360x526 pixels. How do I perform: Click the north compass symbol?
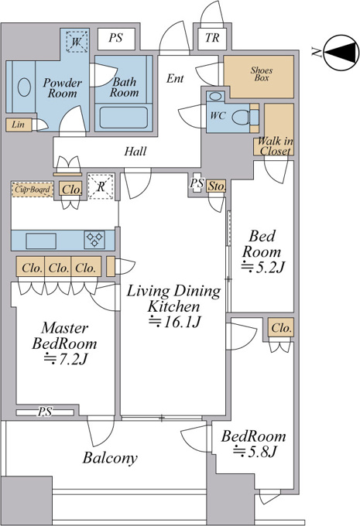click(341, 52)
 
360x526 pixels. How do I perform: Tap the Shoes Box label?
click(261, 73)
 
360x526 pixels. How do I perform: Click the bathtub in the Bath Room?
click(124, 118)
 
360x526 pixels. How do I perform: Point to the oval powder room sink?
click(24, 87)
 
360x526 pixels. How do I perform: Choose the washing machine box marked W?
click(77, 42)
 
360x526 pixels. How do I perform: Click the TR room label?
click(212, 38)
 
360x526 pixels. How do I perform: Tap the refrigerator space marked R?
click(101, 186)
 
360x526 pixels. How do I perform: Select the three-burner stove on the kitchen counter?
click(94, 240)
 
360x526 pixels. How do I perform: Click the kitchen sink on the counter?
click(41, 241)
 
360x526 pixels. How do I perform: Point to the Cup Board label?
click(33, 190)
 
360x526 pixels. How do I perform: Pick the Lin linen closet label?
click(18, 125)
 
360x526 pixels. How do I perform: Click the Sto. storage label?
click(216, 186)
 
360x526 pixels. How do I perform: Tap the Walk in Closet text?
click(275, 146)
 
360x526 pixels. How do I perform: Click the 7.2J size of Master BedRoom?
click(66, 359)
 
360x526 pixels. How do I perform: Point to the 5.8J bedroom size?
click(255, 452)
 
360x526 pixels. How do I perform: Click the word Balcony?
click(110, 458)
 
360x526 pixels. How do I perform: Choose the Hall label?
click(135, 152)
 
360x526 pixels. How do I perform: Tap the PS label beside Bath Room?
click(115, 38)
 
